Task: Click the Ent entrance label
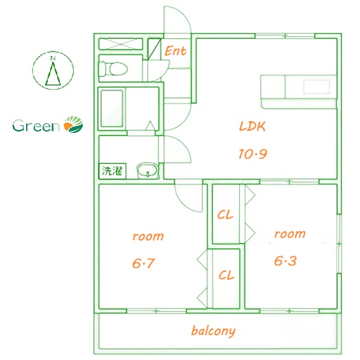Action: tap(176, 51)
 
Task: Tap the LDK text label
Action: tap(253, 127)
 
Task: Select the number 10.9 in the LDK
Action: tap(253, 154)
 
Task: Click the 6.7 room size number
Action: tap(144, 263)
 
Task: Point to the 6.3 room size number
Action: tap(286, 261)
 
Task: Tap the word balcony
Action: tap(213, 331)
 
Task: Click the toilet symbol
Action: tap(113, 69)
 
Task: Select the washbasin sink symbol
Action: tap(148, 170)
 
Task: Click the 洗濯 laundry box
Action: tap(113, 171)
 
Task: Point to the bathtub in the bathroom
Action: tap(112, 108)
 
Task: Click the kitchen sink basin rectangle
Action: tap(317, 87)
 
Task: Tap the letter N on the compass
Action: tap(53, 58)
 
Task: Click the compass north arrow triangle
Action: tap(53, 74)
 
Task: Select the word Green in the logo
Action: tap(36, 126)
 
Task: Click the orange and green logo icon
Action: tap(73, 125)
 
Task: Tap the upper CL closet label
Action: tap(225, 215)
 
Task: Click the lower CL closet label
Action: tap(226, 275)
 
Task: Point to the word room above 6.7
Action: tap(148, 236)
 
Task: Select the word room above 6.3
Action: tap(290, 233)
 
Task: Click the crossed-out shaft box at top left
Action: tap(121, 44)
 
